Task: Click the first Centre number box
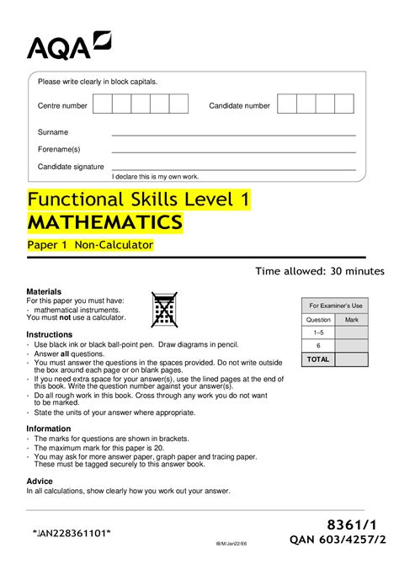(x=103, y=104)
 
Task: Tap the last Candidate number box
(x=343, y=104)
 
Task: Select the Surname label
(x=53, y=132)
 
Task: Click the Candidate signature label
(x=71, y=167)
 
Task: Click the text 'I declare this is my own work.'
(x=155, y=177)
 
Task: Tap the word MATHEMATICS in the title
(x=104, y=222)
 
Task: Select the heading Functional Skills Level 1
(x=139, y=200)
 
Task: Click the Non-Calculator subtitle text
(x=114, y=245)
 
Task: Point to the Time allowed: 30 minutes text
(x=320, y=271)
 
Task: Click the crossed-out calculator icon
(x=163, y=310)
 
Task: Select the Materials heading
(x=44, y=290)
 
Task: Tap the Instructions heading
(x=50, y=334)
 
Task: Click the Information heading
(x=49, y=428)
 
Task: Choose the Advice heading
(x=40, y=481)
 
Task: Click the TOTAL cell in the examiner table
(x=318, y=359)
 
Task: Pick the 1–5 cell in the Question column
(x=318, y=333)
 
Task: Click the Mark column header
(x=352, y=320)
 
